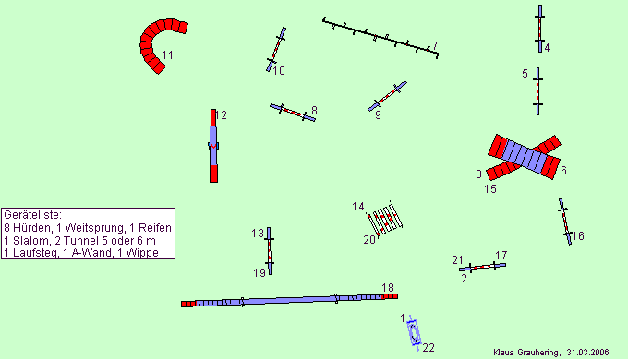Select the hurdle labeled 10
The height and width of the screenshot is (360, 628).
[276, 49]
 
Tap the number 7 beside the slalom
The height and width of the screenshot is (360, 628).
[435, 45]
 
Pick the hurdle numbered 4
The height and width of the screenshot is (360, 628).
[540, 29]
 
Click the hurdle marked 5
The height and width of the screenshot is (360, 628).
[537, 91]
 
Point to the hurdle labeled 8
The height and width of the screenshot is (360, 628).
[293, 113]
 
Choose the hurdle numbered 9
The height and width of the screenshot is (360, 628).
[387, 96]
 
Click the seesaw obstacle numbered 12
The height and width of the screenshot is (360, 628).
[213, 146]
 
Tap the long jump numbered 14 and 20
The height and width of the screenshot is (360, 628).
[385, 219]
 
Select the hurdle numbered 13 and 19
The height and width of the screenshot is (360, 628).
[269, 251]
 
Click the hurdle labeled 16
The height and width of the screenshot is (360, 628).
[565, 222]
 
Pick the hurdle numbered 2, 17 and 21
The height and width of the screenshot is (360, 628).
[482, 267]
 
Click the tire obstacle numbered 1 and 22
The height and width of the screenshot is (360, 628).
[414, 333]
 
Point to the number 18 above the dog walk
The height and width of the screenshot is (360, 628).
[388, 288]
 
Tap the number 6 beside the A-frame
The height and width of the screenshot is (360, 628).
[563, 171]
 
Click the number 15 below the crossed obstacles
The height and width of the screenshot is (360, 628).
[490, 188]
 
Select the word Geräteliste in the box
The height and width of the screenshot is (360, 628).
[33, 215]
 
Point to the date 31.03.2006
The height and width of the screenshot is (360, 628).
[587, 353]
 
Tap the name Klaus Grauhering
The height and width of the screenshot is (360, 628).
[526, 353]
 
